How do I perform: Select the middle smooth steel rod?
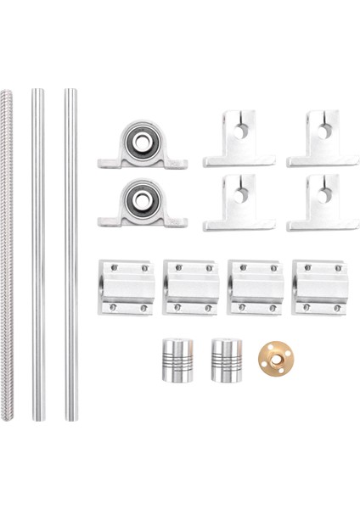click(x=37, y=255)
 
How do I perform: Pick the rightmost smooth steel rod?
click(x=70, y=255)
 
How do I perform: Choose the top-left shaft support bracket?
click(x=239, y=140)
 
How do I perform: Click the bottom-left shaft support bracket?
click(x=239, y=204)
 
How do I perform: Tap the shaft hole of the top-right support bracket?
click(x=323, y=129)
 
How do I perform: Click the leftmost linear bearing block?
click(x=124, y=287)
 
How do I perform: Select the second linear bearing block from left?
click(x=188, y=287)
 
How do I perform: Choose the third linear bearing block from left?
click(x=254, y=287)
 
